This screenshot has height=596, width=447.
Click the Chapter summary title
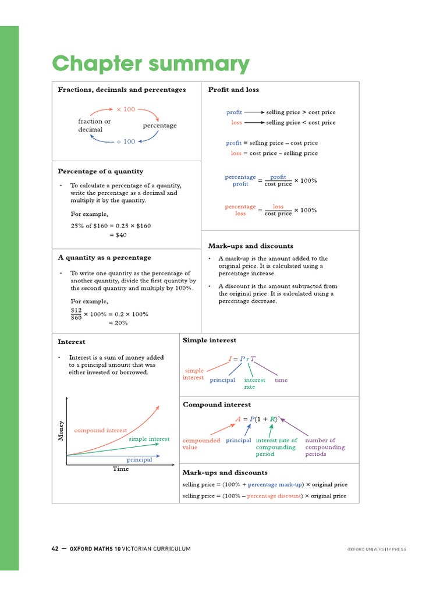[x=151, y=64]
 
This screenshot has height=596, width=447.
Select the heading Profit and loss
[x=233, y=90]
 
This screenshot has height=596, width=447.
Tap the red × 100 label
[x=125, y=109]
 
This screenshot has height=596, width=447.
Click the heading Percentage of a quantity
[x=100, y=171]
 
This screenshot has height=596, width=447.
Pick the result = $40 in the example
[x=118, y=235]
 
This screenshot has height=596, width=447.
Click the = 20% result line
[x=118, y=323]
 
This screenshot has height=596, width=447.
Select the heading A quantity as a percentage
[x=104, y=257]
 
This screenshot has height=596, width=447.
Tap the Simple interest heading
[x=210, y=340]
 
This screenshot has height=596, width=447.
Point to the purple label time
[x=281, y=380]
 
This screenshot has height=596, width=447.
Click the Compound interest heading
[x=217, y=404]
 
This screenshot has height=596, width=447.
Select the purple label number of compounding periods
[x=325, y=447]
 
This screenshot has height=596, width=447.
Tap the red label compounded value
[x=201, y=444]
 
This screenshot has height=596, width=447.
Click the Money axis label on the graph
[x=61, y=430]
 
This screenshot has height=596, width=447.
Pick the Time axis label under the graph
[x=120, y=469]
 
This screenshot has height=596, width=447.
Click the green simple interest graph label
[x=149, y=439]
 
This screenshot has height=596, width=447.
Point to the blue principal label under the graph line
[x=140, y=460]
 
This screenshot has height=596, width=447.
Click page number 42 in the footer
[x=55, y=548]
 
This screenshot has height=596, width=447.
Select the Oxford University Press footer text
[x=377, y=549]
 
